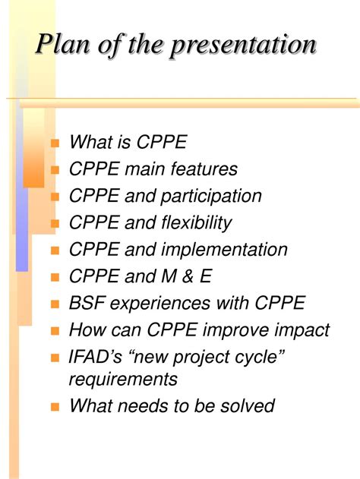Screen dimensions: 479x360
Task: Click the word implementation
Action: tap(229, 250)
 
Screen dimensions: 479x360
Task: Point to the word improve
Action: tap(235, 331)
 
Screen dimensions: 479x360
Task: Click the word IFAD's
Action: tap(96, 358)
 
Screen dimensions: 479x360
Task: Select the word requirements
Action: tap(124, 379)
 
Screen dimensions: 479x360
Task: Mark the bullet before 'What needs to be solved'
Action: tap(55, 407)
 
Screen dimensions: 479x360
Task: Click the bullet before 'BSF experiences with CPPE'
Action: tap(55, 304)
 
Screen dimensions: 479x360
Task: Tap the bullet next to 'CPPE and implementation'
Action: tap(55, 251)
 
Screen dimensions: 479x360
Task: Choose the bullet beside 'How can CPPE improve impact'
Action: tap(55, 331)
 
